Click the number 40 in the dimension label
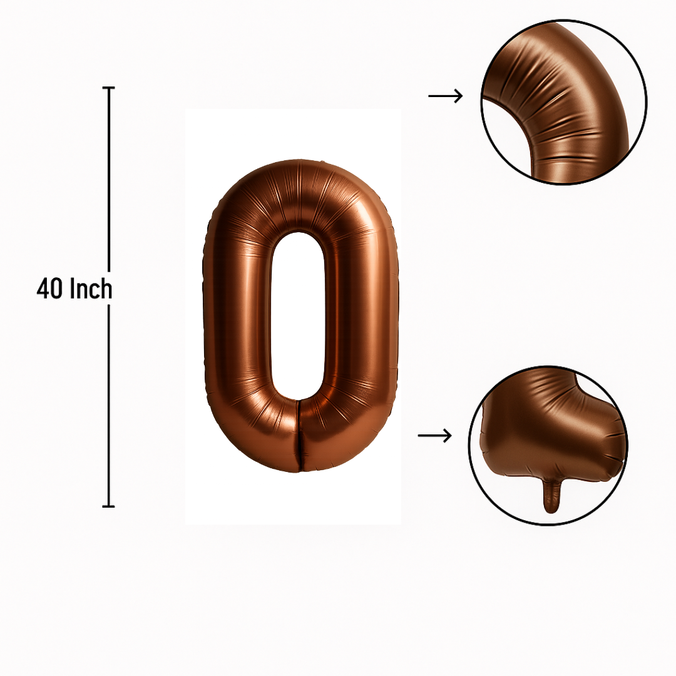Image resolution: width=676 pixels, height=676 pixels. (x=49, y=289)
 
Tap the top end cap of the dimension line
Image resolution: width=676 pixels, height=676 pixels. (x=109, y=88)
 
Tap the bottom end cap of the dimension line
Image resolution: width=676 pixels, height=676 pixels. (x=109, y=506)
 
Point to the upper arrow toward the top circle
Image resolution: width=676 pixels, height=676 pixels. (x=446, y=96)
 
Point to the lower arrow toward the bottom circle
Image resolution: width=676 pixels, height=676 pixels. (x=434, y=436)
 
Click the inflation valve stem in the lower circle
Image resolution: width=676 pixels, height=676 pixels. (x=551, y=496)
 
